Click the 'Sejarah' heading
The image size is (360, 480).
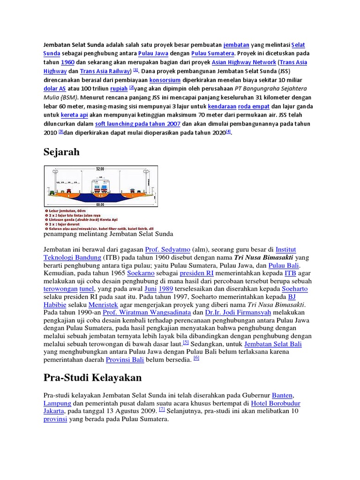pos(63,152)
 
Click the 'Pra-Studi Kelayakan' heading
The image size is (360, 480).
pos(92,378)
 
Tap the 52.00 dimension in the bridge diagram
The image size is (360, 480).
pos(100,168)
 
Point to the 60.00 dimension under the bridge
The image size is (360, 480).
pos(100,205)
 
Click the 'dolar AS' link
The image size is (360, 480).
pos(54,89)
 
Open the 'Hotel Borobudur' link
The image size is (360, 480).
pos(276,403)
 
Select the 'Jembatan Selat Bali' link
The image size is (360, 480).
pos(273,344)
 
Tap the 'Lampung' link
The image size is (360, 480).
pos(57,403)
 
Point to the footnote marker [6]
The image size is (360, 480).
pos(196,358)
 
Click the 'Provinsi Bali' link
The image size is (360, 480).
pos(124,360)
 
